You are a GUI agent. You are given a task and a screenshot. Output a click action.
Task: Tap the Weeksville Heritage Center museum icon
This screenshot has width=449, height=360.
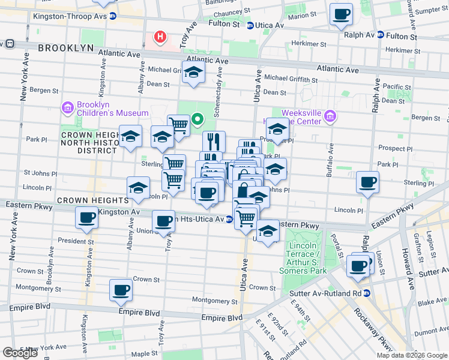pos(330,116)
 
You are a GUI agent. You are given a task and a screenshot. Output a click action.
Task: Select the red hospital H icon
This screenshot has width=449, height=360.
pos(160,37)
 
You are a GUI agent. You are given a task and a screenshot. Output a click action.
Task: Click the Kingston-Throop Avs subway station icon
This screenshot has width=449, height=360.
pos(112,16)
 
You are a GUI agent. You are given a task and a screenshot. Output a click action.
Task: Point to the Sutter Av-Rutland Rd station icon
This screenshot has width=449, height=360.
pos(366,293)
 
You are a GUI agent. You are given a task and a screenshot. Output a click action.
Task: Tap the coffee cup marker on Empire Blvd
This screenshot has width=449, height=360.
pos(121,290)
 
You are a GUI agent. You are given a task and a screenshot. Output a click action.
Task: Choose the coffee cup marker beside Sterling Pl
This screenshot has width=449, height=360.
pos(367,182)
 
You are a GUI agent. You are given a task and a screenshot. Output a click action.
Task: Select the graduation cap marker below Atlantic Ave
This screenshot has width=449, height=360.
pos(194,73)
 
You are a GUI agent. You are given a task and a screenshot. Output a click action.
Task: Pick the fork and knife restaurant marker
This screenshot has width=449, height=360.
pos(214,142)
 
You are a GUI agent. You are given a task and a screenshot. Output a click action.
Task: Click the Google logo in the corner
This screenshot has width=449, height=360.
pos(20,353)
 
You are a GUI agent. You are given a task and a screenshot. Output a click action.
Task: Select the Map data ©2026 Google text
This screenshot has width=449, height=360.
pos(412,355)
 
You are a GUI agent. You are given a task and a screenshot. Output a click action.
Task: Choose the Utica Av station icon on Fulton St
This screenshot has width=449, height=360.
pos(250,25)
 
